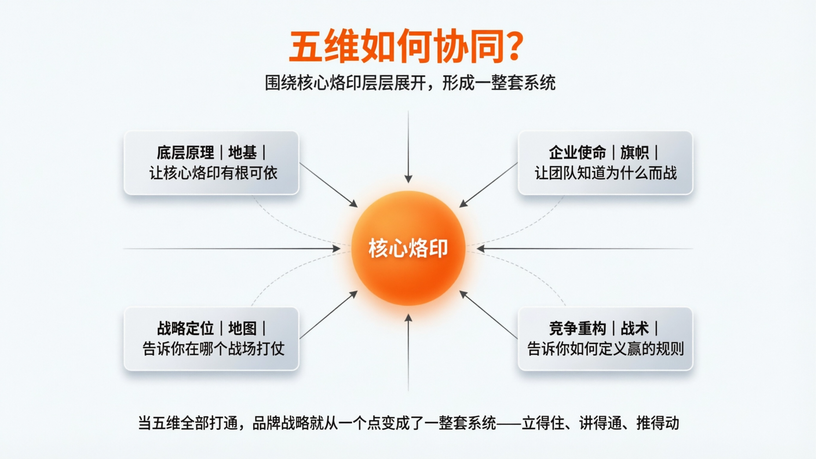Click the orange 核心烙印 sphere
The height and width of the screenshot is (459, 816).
click(408, 248)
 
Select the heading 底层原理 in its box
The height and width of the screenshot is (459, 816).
click(185, 153)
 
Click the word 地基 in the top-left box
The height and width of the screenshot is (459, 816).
click(242, 153)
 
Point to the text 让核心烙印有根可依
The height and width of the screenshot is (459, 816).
click(213, 173)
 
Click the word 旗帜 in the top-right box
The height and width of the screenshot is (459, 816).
click(634, 153)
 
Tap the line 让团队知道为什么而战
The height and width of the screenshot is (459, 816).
click(606, 173)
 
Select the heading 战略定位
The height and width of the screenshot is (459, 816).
click(185, 328)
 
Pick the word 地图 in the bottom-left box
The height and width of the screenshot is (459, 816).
click(242, 328)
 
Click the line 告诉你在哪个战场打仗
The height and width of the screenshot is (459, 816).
click(213, 349)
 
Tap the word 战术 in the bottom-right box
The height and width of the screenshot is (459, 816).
click(634, 328)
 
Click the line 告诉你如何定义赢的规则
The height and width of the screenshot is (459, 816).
click(605, 349)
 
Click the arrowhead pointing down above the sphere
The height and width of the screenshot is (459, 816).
click(408, 179)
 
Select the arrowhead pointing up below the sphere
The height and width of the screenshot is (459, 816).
click(408, 318)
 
